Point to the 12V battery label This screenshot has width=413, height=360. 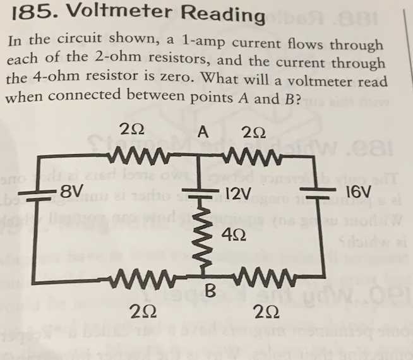pos(239,192)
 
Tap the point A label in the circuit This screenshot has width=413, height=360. pos(203,132)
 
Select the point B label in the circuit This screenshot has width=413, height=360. pos(210,292)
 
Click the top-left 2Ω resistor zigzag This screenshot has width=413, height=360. pos(136,155)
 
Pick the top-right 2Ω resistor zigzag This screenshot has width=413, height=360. pos(255,155)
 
